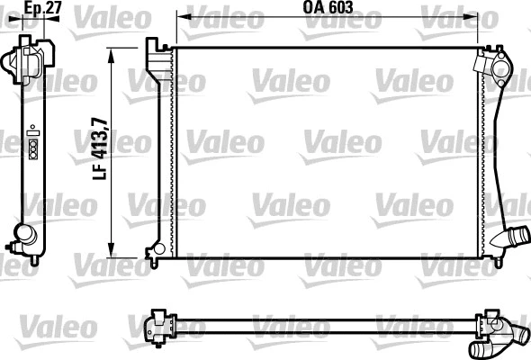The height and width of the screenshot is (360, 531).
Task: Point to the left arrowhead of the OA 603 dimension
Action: point(180,17)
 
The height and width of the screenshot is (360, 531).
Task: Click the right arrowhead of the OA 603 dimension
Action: point(474,17)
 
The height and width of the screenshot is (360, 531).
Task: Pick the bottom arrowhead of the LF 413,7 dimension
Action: point(112,253)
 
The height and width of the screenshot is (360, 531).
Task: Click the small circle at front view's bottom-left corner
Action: point(158,248)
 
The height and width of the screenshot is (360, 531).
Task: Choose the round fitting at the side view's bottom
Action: point(23,239)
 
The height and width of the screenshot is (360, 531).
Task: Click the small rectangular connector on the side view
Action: point(33,147)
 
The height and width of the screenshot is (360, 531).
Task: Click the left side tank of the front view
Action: point(166,153)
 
